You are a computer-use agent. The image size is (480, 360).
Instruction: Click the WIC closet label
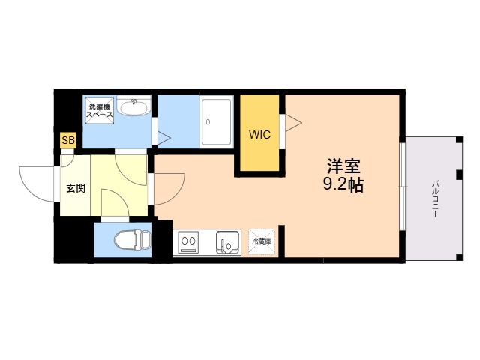click(x=260, y=135)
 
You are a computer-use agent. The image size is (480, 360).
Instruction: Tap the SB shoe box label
click(x=68, y=140)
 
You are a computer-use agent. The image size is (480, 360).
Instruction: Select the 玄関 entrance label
click(x=76, y=188)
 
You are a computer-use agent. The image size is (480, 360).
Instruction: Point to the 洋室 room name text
click(x=343, y=166)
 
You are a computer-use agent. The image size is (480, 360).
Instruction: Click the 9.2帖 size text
click(x=343, y=184)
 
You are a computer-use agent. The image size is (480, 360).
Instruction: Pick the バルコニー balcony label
click(x=435, y=199)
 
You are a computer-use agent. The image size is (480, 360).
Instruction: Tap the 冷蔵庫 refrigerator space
click(x=262, y=241)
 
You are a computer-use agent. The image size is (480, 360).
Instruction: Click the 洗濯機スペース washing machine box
click(x=100, y=110)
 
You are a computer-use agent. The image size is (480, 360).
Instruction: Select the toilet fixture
click(x=133, y=240)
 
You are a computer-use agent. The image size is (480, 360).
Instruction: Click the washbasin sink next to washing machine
click(x=134, y=106)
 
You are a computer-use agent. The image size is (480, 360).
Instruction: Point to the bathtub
click(x=217, y=121)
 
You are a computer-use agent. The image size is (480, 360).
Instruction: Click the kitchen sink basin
click(x=227, y=241)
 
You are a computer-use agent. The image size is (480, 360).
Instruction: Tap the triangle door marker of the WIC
click(x=293, y=123)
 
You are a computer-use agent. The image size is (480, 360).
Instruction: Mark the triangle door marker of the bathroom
click(x=163, y=138)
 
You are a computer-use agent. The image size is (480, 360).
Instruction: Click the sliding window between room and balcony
click(x=403, y=187)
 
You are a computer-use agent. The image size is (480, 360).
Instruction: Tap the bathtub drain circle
click(x=208, y=122)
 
